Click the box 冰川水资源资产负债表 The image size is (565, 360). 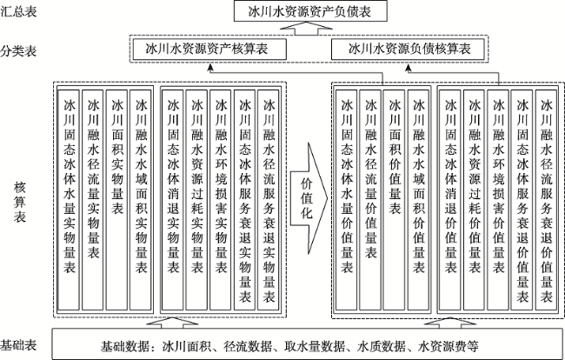click(310, 11)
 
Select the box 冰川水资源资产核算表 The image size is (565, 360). click(209, 49)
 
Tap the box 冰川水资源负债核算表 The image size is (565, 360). click(408, 49)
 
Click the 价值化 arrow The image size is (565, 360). click(309, 198)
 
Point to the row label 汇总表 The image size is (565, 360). click(18, 11)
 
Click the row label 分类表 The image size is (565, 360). click(18, 50)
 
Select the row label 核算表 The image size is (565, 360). click(20, 202)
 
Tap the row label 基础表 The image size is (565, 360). click(18, 345)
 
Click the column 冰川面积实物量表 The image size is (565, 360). click(117, 200)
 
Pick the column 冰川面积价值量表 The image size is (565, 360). click(395, 200)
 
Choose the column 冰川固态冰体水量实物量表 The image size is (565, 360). click(69, 200)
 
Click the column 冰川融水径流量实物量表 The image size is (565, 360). click(93, 200)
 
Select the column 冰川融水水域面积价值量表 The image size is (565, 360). click(418, 200)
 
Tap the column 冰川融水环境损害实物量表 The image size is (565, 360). click(221, 200)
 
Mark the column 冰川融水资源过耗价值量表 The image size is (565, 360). click(475, 200)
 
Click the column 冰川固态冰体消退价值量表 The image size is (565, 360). click(450, 200)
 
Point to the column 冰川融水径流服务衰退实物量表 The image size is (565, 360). click(269, 200)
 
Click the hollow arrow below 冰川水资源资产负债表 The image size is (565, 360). click(306, 28)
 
